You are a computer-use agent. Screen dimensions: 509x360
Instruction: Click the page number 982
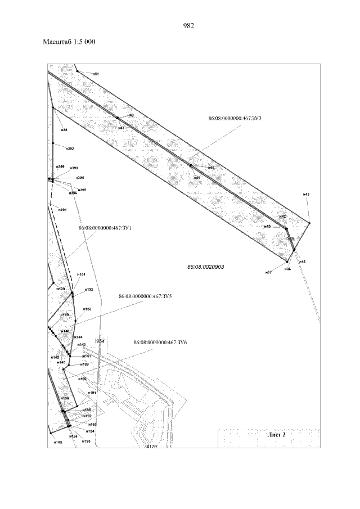click(188, 25)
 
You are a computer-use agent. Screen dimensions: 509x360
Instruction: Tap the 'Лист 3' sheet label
click(276, 434)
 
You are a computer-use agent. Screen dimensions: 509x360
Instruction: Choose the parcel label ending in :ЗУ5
click(145, 296)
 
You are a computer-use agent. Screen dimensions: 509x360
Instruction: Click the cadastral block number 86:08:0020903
click(206, 267)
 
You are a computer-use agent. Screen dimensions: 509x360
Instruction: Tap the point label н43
click(306, 195)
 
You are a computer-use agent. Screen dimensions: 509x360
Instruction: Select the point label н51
click(96, 74)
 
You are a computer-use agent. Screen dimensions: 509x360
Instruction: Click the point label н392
click(70, 149)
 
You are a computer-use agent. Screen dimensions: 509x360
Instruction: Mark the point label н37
click(269, 272)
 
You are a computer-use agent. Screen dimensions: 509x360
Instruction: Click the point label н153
click(87, 309)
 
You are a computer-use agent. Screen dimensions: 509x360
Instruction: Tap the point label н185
click(57, 443)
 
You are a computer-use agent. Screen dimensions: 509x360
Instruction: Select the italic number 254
click(101, 341)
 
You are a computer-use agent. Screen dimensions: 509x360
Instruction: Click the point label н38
click(64, 130)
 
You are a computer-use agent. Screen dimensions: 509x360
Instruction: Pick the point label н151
click(81, 274)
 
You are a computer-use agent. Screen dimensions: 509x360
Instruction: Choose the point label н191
click(93, 393)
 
